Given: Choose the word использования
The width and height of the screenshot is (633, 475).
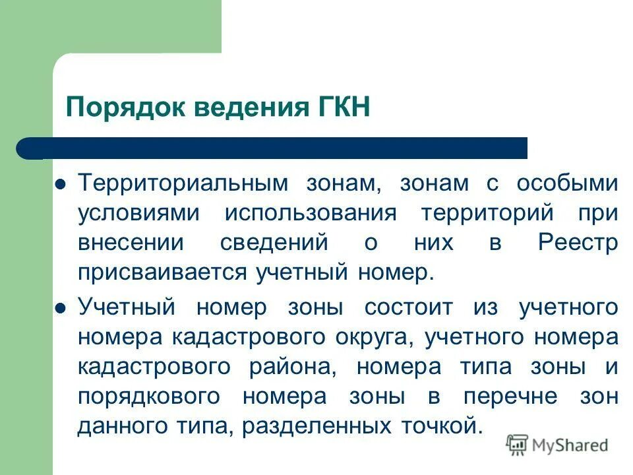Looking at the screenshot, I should [x=311, y=213].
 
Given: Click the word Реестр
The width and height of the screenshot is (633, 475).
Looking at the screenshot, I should [x=578, y=243].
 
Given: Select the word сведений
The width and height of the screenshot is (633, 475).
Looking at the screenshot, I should [x=274, y=243].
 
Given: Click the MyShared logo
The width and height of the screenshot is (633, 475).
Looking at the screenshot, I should [x=557, y=445].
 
